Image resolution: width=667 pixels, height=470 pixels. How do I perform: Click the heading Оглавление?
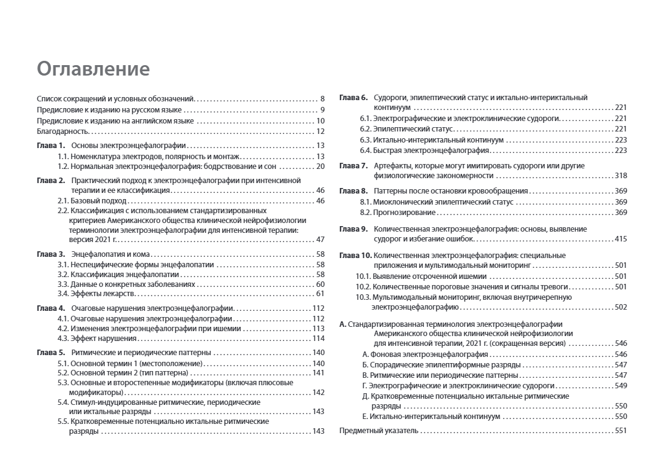[x=93, y=68]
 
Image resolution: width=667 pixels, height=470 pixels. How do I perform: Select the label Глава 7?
[x=353, y=166]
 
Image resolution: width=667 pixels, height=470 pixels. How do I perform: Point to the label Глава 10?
[x=355, y=255]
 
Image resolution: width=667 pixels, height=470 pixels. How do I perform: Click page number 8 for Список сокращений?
[x=322, y=98]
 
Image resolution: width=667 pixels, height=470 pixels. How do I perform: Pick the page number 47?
[x=320, y=240]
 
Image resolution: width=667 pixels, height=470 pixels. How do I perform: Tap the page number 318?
[x=620, y=176]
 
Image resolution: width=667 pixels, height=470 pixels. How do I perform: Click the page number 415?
[x=620, y=239]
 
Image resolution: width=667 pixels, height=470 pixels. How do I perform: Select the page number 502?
[x=620, y=307]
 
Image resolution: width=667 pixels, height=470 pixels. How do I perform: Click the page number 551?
[x=620, y=431]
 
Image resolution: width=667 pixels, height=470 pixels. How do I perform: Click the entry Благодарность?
[x=63, y=131]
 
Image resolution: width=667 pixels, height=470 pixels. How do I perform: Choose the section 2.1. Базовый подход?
[x=92, y=200]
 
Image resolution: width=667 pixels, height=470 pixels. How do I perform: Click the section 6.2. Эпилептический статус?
[x=406, y=129]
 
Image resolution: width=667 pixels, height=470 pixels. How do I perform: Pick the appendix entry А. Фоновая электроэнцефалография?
[x=425, y=354]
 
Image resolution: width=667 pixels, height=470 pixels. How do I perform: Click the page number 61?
[x=320, y=294]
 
